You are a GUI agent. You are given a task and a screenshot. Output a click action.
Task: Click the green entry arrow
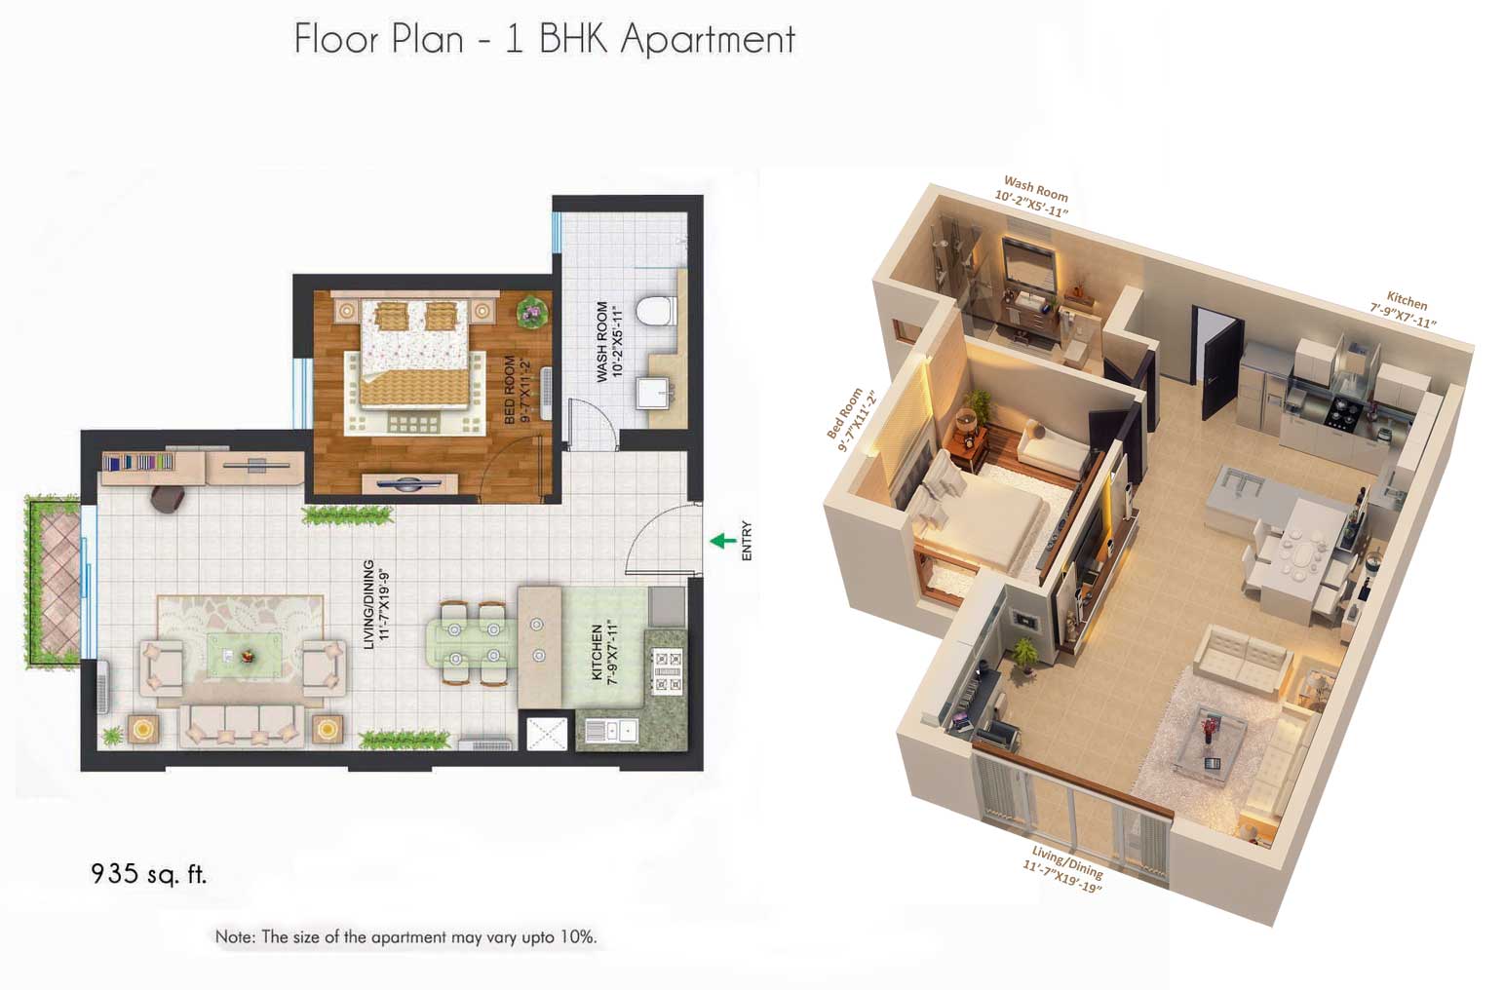[x=722, y=541]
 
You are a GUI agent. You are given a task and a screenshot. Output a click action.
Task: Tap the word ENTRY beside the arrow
[x=747, y=541]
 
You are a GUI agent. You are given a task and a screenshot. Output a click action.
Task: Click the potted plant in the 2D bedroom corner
[x=532, y=311]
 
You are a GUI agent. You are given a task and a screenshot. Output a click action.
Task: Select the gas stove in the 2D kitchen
[x=668, y=671]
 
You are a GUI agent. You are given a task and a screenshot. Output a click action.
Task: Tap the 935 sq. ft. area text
[x=148, y=873]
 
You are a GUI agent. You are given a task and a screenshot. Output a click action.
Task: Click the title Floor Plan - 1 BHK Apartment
[x=544, y=39]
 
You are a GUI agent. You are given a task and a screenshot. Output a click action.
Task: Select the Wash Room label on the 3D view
[x=1033, y=196]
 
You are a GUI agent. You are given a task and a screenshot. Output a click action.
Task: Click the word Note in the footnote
[x=234, y=937]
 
